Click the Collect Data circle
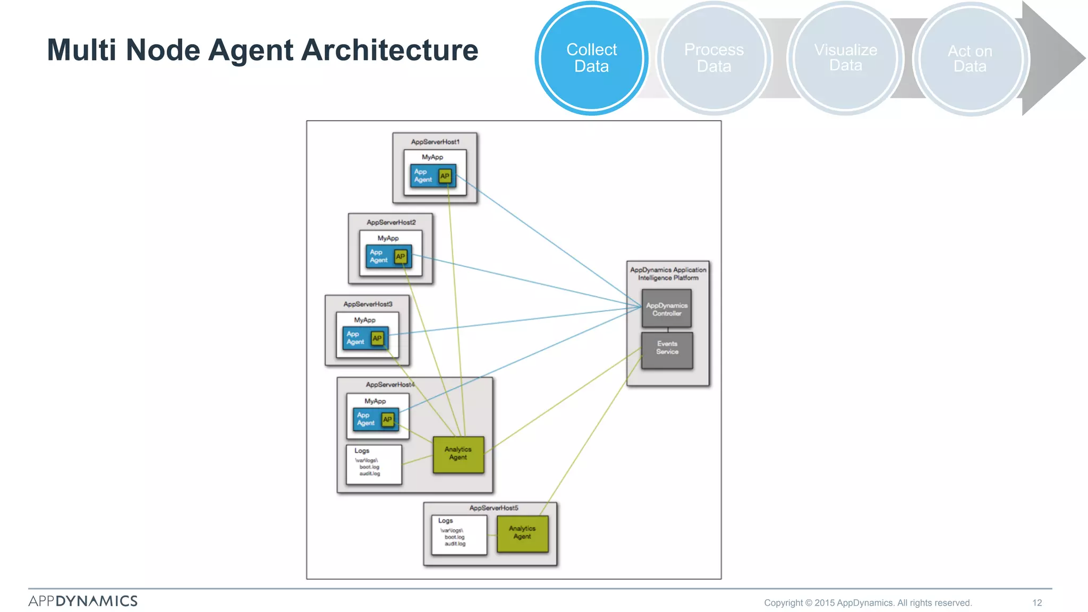[x=591, y=58]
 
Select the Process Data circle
[x=714, y=58]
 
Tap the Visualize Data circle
[x=846, y=58]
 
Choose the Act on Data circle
[x=970, y=58]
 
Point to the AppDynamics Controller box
[x=667, y=309]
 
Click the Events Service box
[x=667, y=348]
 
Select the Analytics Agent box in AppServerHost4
[x=458, y=454]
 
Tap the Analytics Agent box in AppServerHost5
[x=522, y=533]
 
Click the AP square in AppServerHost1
[x=445, y=176]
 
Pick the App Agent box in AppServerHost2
[x=379, y=257]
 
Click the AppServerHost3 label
[x=368, y=304]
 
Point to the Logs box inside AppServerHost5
[x=458, y=535]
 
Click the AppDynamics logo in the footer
[x=83, y=601]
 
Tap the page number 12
[x=1037, y=602]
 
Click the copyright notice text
[x=868, y=602]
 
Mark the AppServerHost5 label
[x=494, y=508]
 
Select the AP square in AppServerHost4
[x=388, y=419]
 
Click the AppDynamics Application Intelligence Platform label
[x=668, y=274]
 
